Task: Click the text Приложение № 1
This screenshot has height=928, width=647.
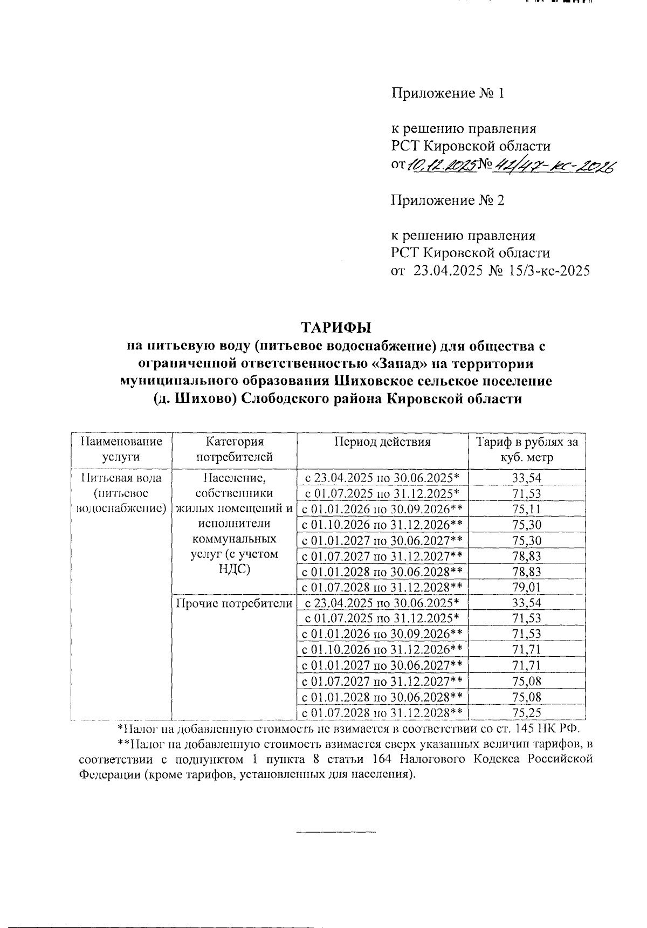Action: (448, 93)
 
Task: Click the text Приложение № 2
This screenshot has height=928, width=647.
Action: (448, 201)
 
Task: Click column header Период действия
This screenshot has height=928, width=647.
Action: (382, 442)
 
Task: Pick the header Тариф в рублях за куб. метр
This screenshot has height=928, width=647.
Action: (527, 449)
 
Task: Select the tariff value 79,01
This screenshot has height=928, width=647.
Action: (527, 587)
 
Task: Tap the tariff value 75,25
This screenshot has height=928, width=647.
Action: (527, 713)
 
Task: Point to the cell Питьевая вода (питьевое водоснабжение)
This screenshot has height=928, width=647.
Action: (121, 493)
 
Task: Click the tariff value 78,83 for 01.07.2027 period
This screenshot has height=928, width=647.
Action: (527, 556)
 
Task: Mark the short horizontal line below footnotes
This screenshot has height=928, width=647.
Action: (336, 833)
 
